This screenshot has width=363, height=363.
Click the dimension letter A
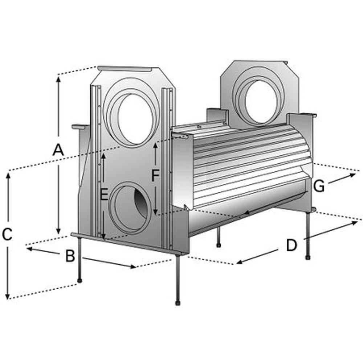coord(58,150)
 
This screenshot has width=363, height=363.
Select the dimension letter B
coord(70,256)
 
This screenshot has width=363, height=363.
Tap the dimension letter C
coord(7,234)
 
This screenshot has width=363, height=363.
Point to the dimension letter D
coord(291,245)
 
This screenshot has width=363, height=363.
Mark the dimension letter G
coord(319,186)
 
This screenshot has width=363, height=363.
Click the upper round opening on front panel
coord(131,113)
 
